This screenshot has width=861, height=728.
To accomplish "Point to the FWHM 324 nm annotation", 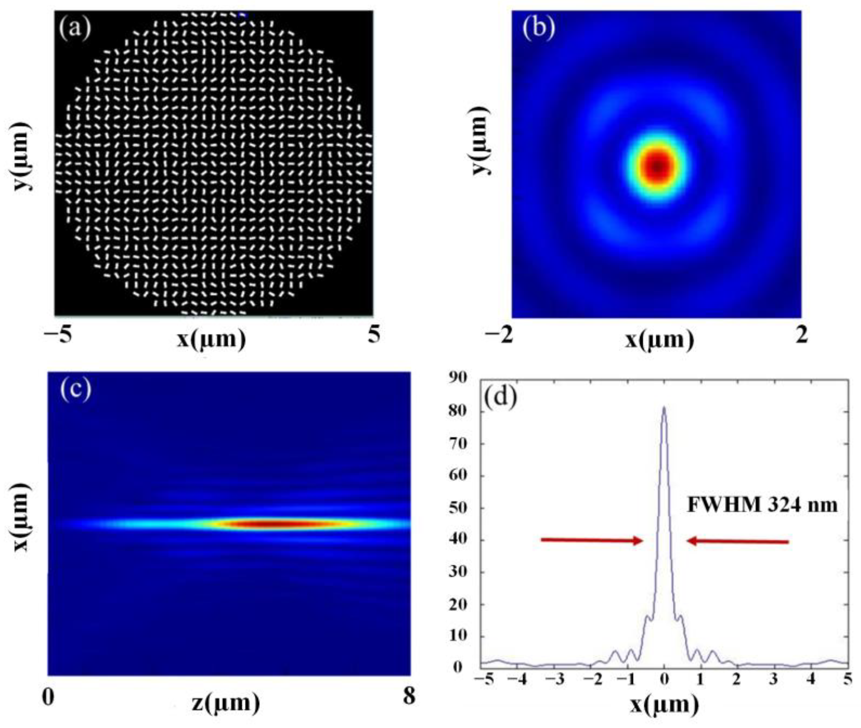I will tap(762, 505).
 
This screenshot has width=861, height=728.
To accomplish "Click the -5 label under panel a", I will tap(58, 335).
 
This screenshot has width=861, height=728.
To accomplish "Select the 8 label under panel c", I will tap(409, 697).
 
